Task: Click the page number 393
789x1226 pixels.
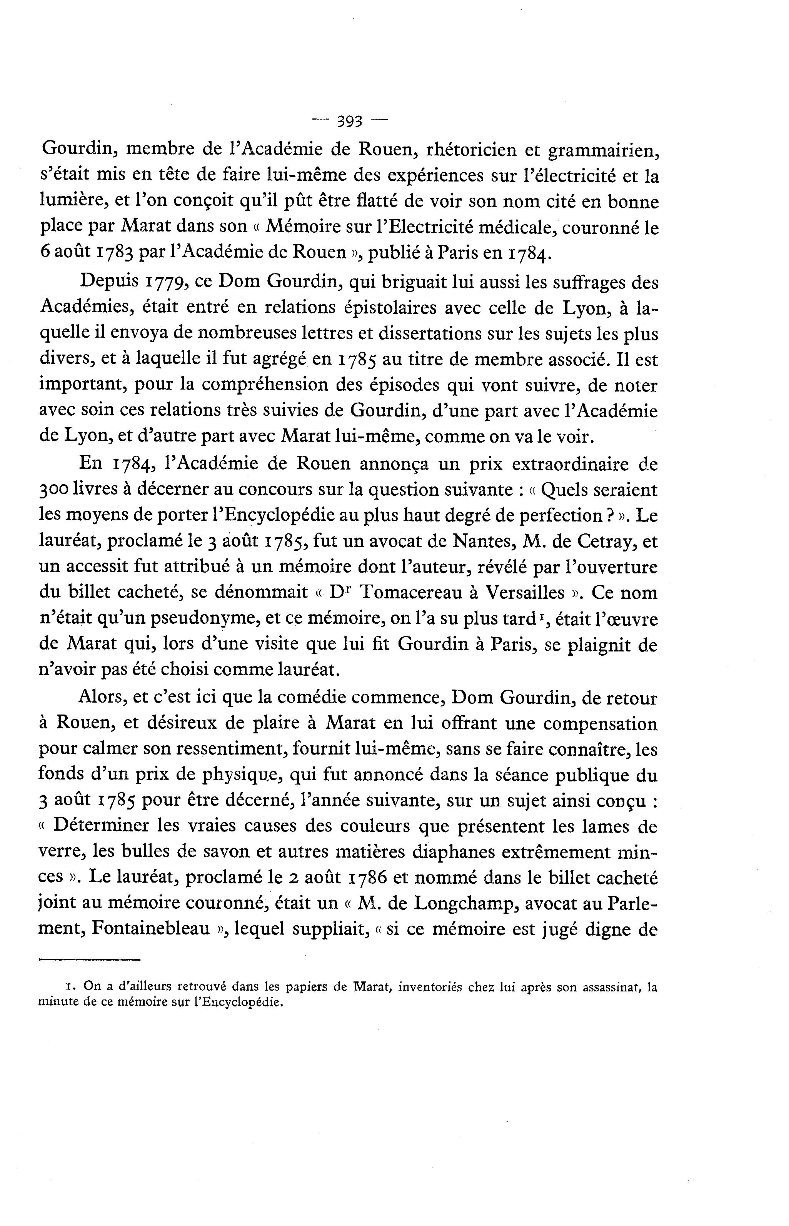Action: point(350,122)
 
